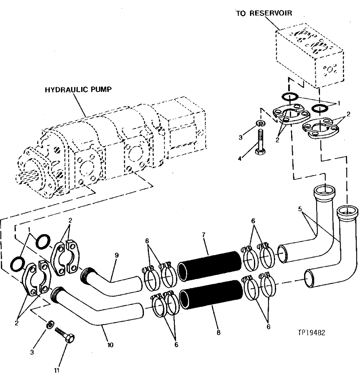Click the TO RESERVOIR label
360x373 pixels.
[263, 13]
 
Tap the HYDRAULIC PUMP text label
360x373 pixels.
[78, 90]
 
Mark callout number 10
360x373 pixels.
[110, 345]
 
